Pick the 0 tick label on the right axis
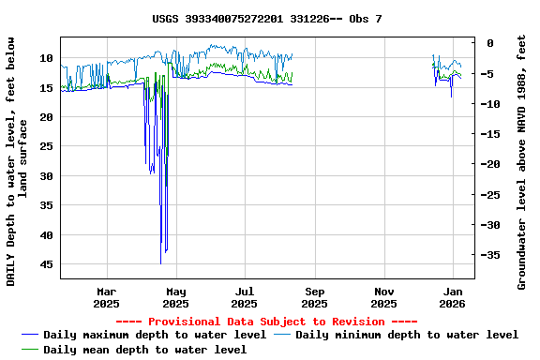(x=489, y=43)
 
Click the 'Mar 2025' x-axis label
(x=106, y=297)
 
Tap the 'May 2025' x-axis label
(x=175, y=297)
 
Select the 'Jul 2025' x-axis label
(x=244, y=297)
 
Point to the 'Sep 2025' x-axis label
(x=314, y=297)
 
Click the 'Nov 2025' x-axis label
(x=383, y=297)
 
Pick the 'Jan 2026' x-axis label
(x=453, y=297)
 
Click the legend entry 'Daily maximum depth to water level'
(x=155, y=335)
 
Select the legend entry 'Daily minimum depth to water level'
(x=406, y=335)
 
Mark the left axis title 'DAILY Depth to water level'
(x=18, y=161)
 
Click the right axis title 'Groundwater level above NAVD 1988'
(x=522, y=161)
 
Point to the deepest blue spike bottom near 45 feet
(x=161, y=263)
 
